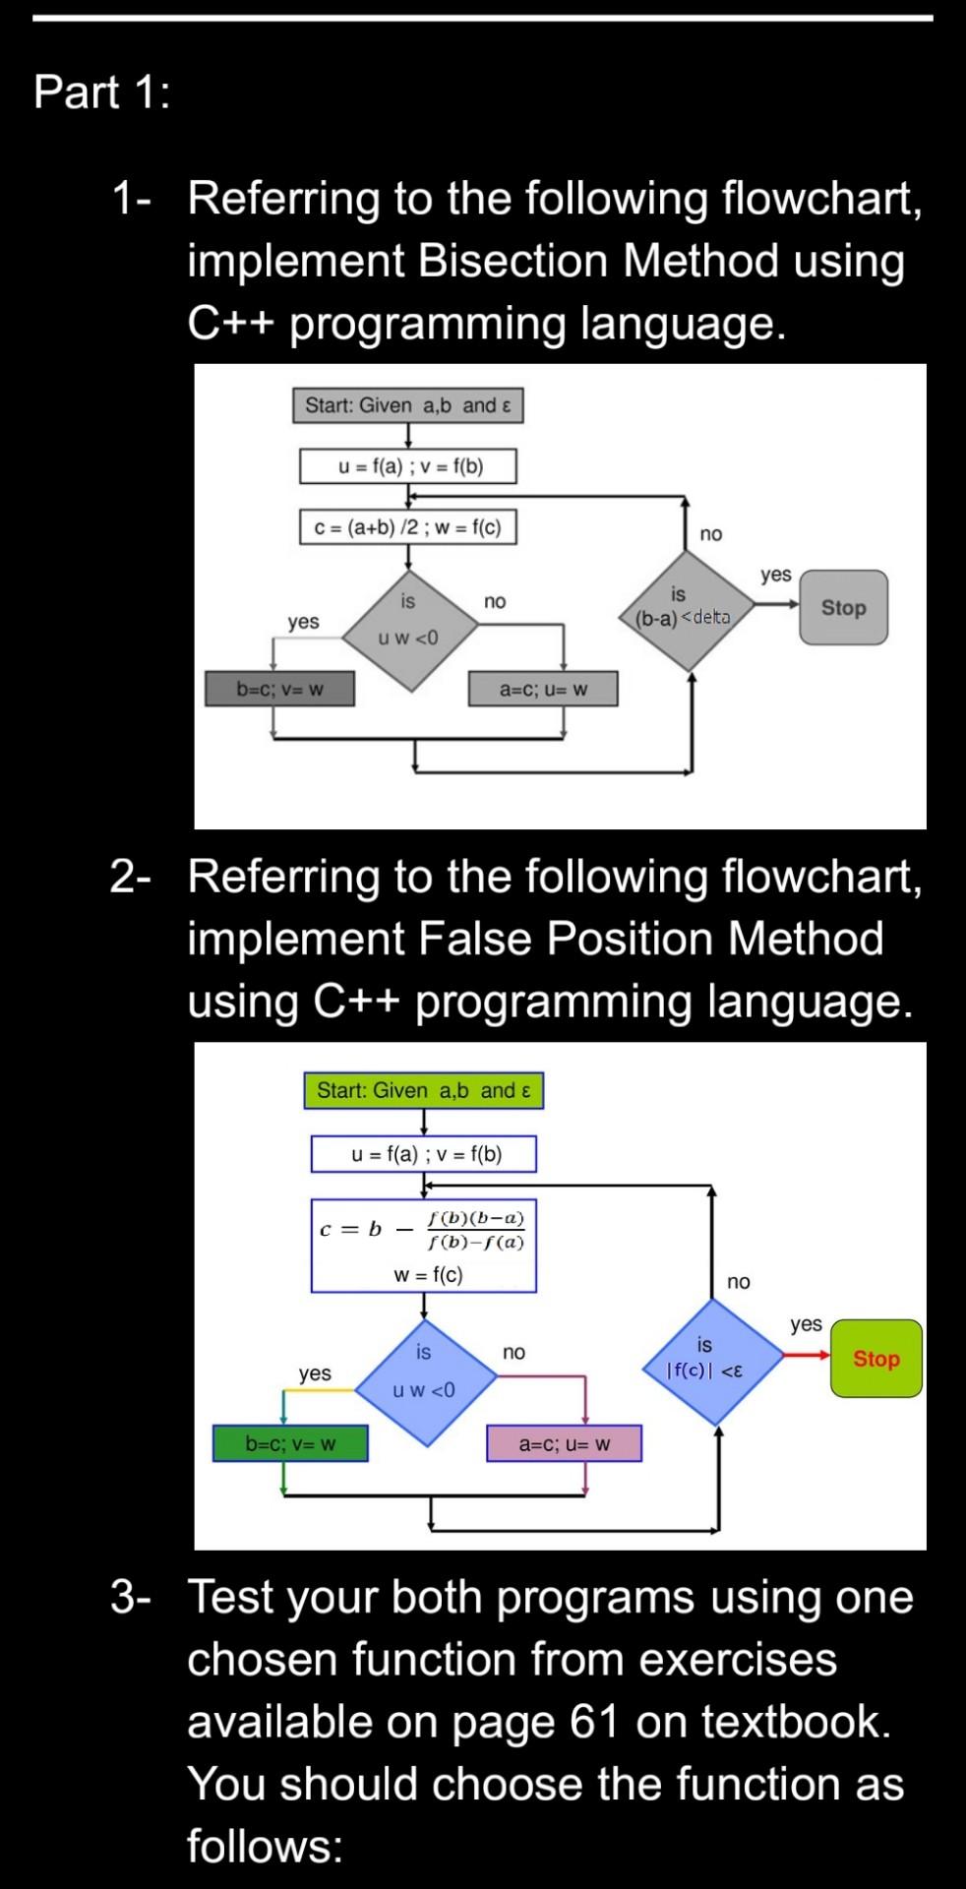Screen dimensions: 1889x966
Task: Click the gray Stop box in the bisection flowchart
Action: tap(843, 608)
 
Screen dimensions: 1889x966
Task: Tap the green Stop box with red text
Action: tap(875, 1359)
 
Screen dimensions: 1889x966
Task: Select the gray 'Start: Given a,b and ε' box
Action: tap(407, 405)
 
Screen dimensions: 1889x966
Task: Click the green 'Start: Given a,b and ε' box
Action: tap(423, 1090)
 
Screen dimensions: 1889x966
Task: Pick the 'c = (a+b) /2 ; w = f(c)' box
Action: tap(407, 527)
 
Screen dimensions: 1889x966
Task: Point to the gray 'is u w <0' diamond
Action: tap(408, 629)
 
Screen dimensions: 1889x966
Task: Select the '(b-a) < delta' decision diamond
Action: tap(684, 611)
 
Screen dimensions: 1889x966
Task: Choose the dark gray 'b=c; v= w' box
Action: tap(279, 689)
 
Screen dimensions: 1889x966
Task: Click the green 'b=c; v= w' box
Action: tap(290, 1443)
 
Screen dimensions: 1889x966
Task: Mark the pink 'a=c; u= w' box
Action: tap(565, 1443)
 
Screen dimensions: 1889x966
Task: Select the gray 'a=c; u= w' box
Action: tap(544, 689)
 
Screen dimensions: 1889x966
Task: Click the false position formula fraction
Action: tap(476, 1230)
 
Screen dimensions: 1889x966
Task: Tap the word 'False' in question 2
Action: tap(476, 939)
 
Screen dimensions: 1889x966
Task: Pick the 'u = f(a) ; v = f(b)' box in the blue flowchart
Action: tap(424, 1154)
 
